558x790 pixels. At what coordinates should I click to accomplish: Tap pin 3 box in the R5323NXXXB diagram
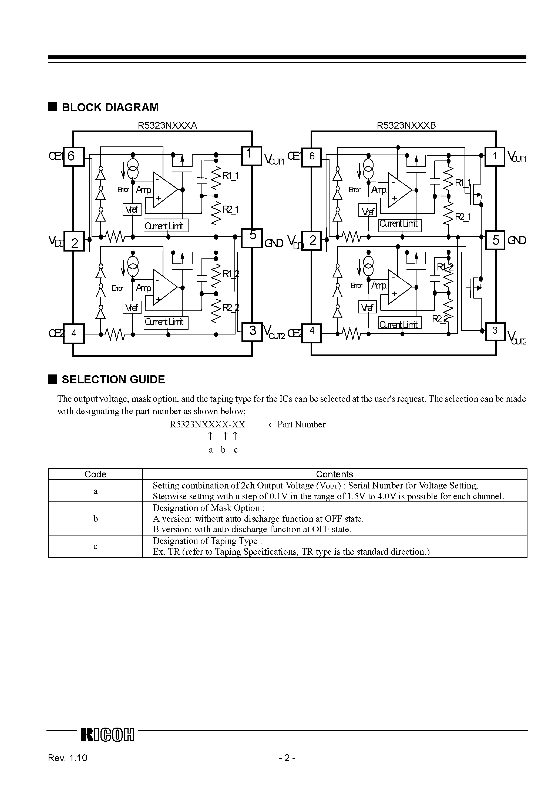[x=495, y=331]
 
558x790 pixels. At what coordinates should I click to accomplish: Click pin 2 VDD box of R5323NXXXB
[x=312, y=240]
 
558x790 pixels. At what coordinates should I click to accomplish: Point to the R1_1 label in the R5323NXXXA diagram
[x=230, y=176]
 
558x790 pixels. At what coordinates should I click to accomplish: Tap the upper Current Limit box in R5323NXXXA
[x=166, y=226]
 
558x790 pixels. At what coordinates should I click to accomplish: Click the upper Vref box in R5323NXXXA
[x=132, y=210]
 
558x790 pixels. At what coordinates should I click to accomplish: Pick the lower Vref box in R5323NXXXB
[x=367, y=307]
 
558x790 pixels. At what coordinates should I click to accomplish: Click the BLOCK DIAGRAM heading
[x=110, y=107]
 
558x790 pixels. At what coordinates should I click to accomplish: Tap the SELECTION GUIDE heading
[x=113, y=380]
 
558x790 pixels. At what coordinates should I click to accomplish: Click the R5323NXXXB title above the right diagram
[x=406, y=125]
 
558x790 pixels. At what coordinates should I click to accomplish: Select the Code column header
[x=95, y=474]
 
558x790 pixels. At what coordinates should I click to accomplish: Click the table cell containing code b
[x=95, y=518]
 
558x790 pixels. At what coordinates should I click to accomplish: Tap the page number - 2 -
[x=287, y=767]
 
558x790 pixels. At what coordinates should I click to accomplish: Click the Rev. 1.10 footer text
[x=68, y=767]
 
